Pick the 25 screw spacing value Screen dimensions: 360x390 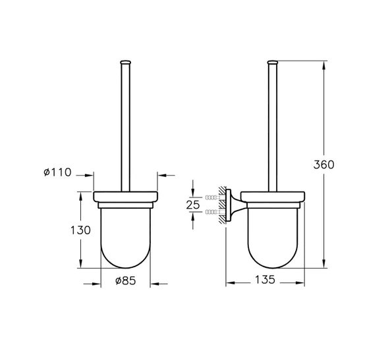(192, 205)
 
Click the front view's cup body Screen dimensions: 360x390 (125, 237)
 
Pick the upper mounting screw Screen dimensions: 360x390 (212, 197)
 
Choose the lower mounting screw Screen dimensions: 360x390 (212, 212)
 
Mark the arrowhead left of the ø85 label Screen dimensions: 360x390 (96, 284)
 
